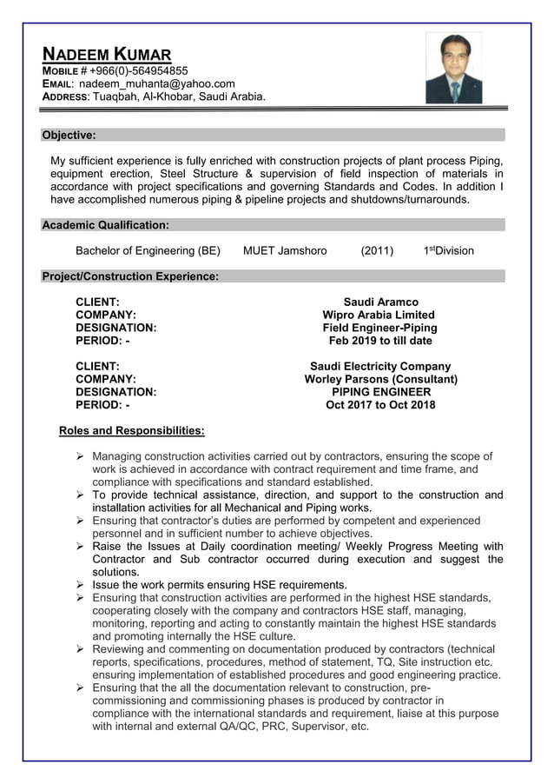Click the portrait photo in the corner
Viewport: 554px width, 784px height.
454,69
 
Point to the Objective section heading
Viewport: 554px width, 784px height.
69,135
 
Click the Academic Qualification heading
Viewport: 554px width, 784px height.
105,225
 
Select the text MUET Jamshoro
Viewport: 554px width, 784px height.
285,251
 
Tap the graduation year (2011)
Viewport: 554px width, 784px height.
377,251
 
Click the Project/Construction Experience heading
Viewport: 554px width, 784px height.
129,276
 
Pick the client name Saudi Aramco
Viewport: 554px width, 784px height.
380,302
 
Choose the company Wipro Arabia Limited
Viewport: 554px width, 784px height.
379,315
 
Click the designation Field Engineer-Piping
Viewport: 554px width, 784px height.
379,328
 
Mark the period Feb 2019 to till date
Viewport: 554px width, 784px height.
379,341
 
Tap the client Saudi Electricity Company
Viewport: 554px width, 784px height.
380,367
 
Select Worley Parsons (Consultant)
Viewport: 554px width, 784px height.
380,380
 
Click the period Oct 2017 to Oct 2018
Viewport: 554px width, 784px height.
380,405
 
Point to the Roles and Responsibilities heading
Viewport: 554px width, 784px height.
131,430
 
